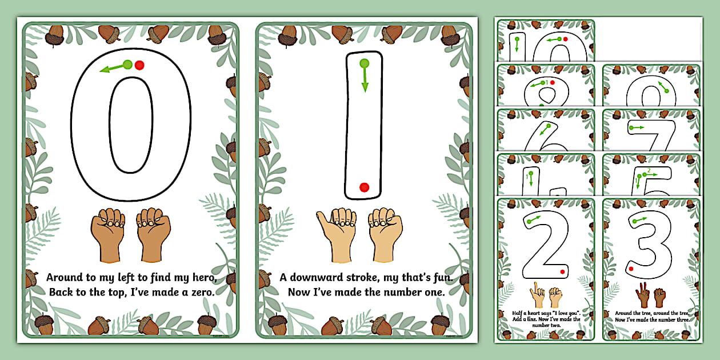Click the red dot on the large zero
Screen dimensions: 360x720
(x=139, y=65)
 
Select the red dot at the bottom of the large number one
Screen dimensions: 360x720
(x=364, y=187)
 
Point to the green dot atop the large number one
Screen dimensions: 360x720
(x=364, y=63)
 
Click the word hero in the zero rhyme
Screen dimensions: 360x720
(x=202, y=278)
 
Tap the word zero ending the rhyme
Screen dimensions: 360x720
(x=200, y=292)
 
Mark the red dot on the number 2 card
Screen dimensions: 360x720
(x=563, y=271)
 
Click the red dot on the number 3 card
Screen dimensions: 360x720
(x=631, y=268)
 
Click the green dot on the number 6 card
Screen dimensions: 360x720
(x=549, y=126)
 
